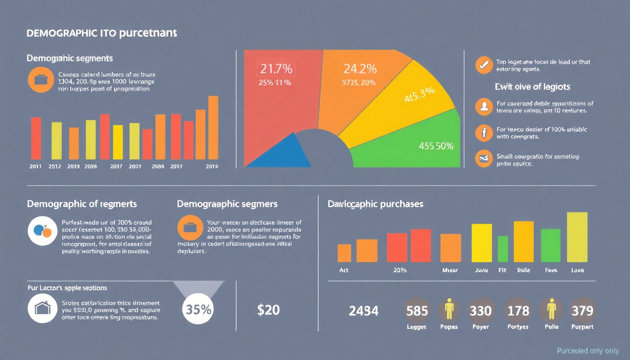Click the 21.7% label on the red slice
276,69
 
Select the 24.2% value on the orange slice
360,69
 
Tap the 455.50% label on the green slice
435,146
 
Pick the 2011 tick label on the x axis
36,166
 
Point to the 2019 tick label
212,166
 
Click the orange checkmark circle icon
483,65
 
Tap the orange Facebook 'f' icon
483,133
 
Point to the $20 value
269,310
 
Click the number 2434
364,311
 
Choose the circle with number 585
417,311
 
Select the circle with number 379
582,311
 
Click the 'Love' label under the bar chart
577,270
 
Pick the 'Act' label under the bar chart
344,270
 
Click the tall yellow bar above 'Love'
577,237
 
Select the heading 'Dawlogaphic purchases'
375,204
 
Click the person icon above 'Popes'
450,309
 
